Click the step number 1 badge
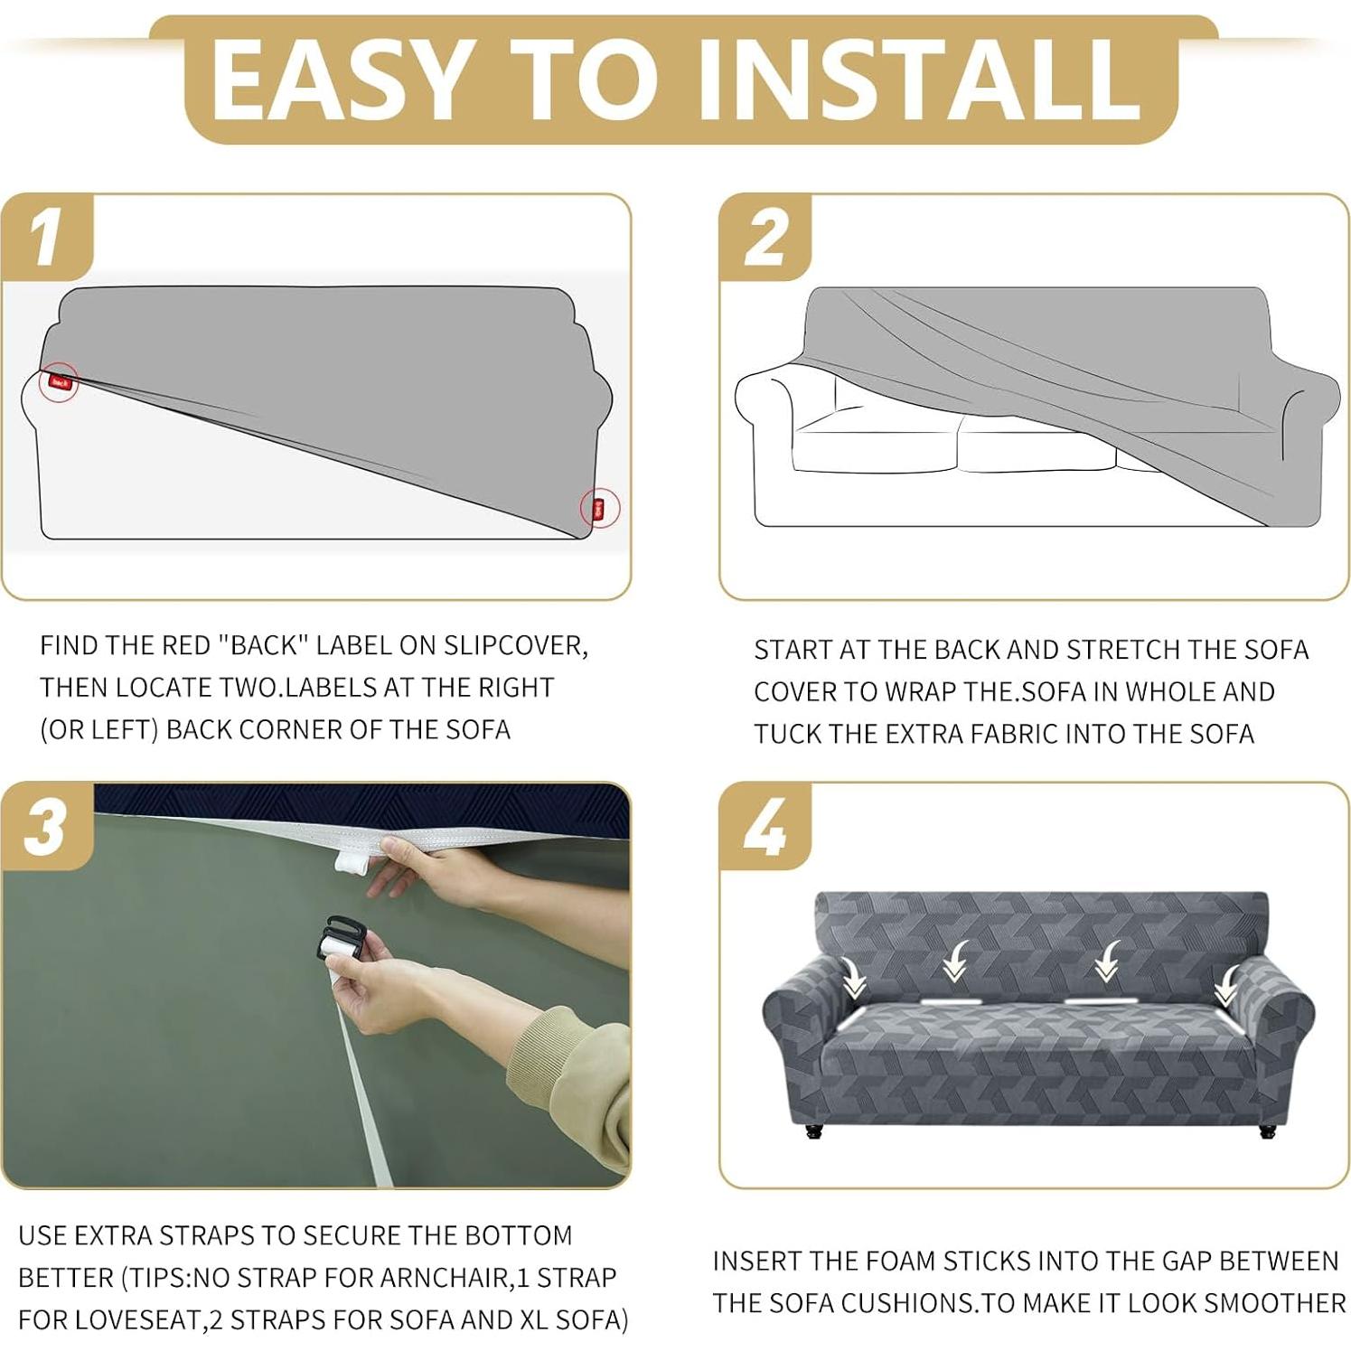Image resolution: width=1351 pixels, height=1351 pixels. point(47,237)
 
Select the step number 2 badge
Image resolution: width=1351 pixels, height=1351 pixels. point(766,237)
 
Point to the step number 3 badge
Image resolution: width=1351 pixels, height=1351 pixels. point(47,827)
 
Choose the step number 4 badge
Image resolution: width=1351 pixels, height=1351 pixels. point(766,827)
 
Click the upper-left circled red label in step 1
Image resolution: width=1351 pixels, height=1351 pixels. point(61,382)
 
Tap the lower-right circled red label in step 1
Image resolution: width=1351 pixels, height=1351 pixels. point(599,508)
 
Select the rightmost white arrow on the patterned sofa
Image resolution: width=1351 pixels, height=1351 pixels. point(1227,987)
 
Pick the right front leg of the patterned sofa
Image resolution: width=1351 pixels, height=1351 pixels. point(1267,1130)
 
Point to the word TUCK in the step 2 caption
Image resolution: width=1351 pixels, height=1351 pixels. point(788,734)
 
